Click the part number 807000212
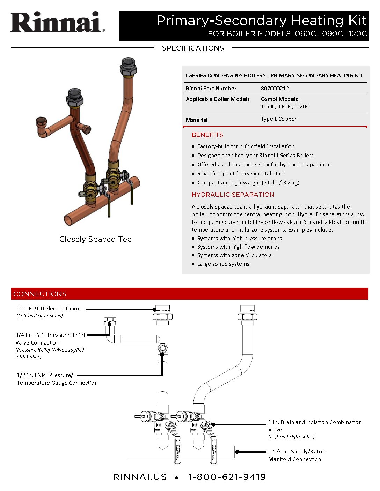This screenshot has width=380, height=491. (275, 89)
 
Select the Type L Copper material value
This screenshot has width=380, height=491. (278, 119)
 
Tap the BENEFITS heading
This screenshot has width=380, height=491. (207, 135)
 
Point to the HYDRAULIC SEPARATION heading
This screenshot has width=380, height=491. (233, 195)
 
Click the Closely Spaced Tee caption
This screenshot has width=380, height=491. (95, 239)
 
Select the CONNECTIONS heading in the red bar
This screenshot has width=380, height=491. (40, 294)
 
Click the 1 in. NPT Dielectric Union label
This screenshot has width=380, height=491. (49, 309)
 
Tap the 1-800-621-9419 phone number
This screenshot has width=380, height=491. (227, 477)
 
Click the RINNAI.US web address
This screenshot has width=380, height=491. (140, 477)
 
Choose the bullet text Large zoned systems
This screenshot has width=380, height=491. (223, 264)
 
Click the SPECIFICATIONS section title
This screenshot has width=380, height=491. (193, 48)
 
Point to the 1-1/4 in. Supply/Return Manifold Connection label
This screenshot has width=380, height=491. (298, 455)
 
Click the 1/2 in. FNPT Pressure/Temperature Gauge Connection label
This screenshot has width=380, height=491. (57, 379)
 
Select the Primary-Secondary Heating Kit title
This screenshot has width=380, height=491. (262, 21)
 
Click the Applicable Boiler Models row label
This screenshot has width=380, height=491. (218, 99)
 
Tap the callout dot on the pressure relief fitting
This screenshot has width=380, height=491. (109, 324)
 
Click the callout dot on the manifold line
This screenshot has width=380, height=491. (237, 452)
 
